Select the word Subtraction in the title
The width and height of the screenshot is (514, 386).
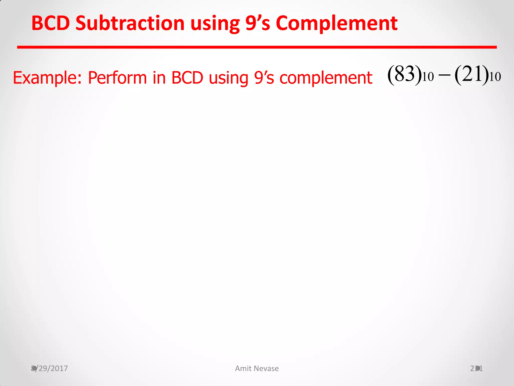[x=130, y=23]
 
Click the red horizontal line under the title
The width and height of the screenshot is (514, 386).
[x=257, y=47]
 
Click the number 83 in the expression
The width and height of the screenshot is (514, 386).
[x=404, y=74]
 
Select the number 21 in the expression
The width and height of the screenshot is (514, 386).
[x=472, y=74]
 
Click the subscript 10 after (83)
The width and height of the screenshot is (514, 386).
[x=428, y=77]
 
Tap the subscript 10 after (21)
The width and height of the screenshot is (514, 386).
[x=495, y=77]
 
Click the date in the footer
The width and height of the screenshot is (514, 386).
[x=49, y=368]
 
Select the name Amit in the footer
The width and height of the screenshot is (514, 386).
[x=243, y=368]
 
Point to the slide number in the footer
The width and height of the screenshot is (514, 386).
[x=476, y=368]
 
